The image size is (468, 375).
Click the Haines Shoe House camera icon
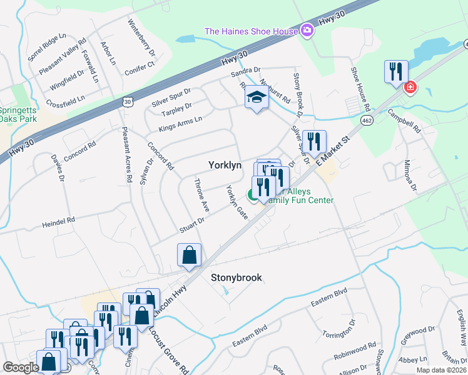click(x=307, y=30)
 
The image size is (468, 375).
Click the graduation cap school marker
click(x=256, y=97)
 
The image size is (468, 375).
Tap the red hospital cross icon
click(x=410, y=87)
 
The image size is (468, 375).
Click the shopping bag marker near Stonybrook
click(x=189, y=255)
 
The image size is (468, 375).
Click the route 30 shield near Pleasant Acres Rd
click(x=128, y=101)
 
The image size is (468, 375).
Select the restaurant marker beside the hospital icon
click(x=396, y=72)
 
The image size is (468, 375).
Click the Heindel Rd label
click(x=58, y=221)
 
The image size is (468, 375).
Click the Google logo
click(x=21, y=367)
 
